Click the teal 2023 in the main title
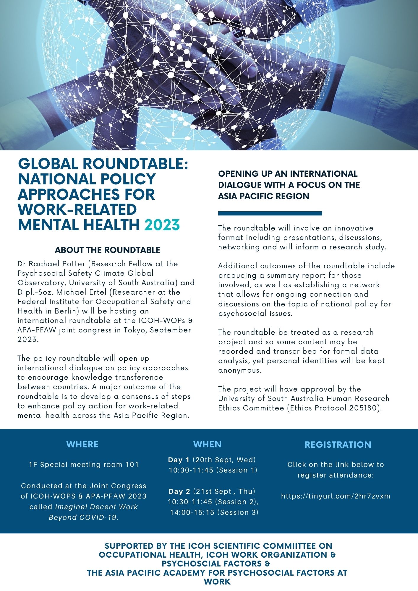click(162, 225)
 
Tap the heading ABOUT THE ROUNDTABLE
click(107, 250)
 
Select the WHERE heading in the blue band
click(82, 444)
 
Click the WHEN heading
click(207, 444)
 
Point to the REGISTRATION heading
click(338, 445)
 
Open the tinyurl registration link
click(336, 496)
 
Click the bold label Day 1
click(179, 460)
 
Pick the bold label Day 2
click(179, 491)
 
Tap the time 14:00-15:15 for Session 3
click(192, 512)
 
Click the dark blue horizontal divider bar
click(270, 213)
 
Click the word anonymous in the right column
click(239, 370)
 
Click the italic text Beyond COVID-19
click(84, 517)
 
